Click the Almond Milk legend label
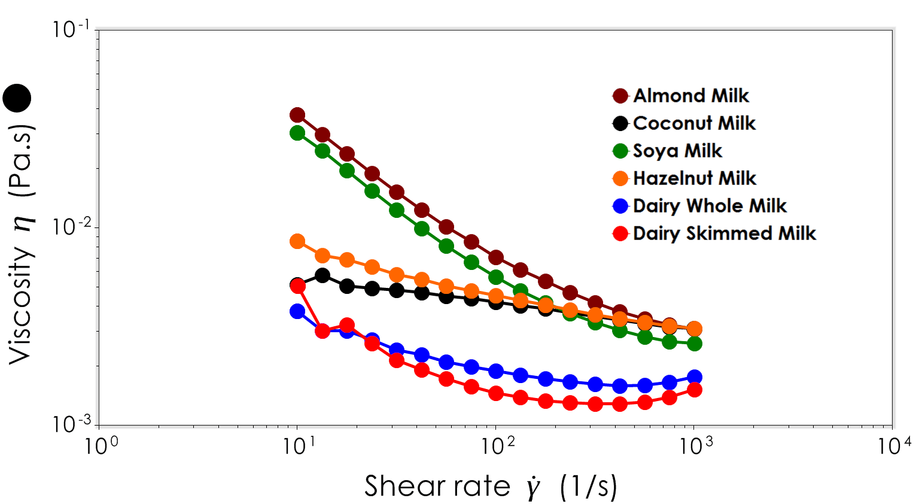[690, 96]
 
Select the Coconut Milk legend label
[694, 123]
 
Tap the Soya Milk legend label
[677, 151]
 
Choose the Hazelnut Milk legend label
[695, 178]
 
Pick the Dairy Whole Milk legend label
[710, 206]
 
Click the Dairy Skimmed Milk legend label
[724, 233]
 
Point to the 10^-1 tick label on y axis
[71, 29]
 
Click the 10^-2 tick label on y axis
[71, 226]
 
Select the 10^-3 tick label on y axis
[71, 423]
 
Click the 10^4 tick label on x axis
[895, 446]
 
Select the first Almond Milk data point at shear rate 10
[297, 115]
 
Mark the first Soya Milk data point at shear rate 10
[297, 133]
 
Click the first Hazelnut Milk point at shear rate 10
[297, 242]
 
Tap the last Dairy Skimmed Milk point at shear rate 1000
[695, 390]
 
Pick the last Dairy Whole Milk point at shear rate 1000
[695, 377]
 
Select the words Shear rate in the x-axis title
[437, 486]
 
